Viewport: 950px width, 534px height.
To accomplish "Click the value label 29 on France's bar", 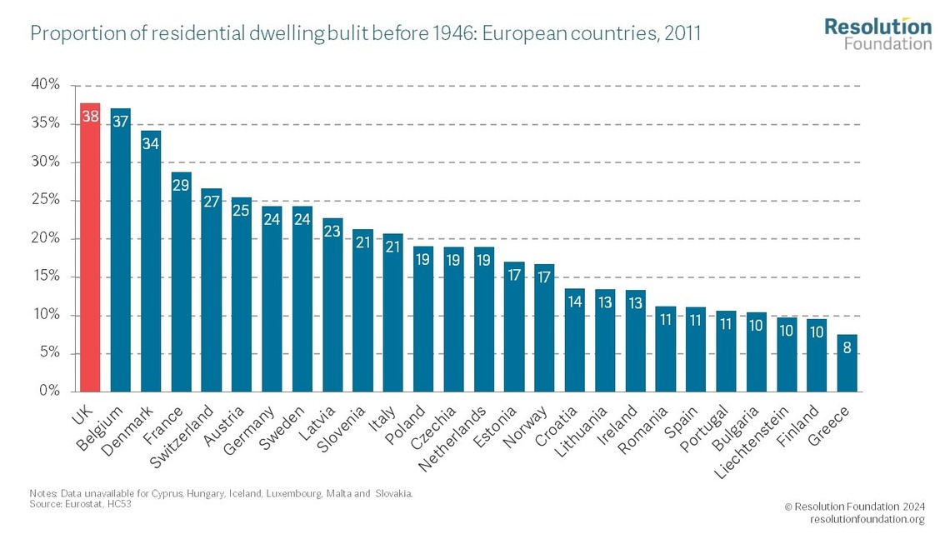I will pyautogui.click(x=181, y=184).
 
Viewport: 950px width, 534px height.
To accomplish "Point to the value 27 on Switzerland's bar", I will pyautogui.click(x=211, y=201).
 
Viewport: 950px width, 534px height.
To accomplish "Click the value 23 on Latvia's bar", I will pyautogui.click(x=332, y=231).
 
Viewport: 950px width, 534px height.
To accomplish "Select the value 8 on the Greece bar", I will pyautogui.click(x=847, y=347).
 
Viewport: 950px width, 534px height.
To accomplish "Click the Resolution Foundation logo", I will pyautogui.click(x=877, y=33).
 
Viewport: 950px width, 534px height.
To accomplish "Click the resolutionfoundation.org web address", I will pyautogui.click(x=867, y=520).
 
